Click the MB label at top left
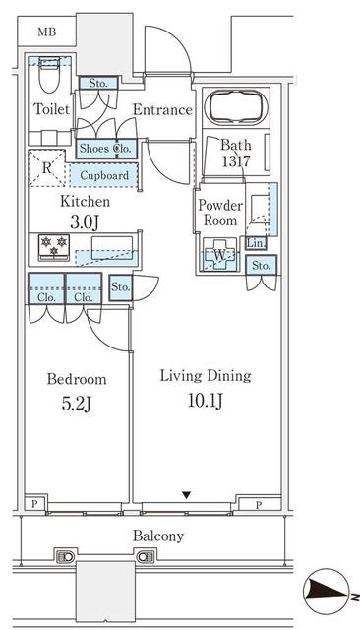pos(46,31)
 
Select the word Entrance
pos(162,109)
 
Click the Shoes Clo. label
pos(105,149)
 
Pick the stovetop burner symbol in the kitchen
pos(52,245)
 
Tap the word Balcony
pos(158,536)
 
